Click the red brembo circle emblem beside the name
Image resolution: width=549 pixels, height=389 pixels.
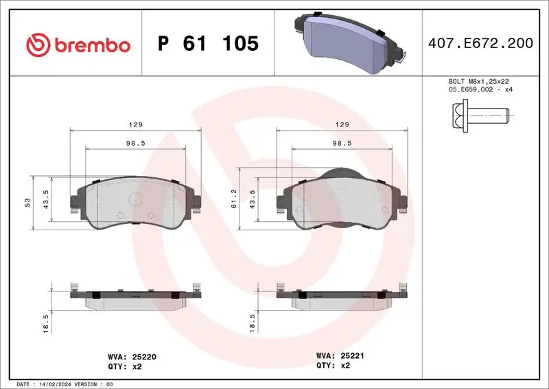(x=38, y=45)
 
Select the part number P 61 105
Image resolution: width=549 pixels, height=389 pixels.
(x=207, y=44)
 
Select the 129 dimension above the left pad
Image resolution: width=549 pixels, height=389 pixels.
(x=136, y=125)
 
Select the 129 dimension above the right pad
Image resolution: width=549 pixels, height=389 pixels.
(x=342, y=125)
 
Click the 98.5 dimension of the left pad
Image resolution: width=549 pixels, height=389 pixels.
(x=136, y=143)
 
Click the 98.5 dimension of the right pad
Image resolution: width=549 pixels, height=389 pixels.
(x=342, y=143)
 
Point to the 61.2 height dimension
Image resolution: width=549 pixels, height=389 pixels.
(x=234, y=198)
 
